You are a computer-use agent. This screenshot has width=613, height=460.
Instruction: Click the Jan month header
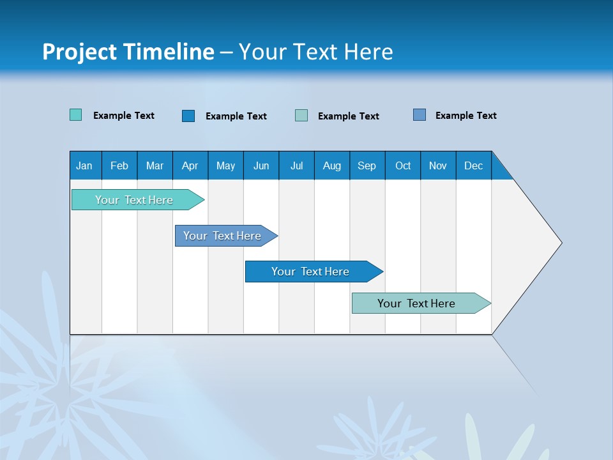tap(84, 165)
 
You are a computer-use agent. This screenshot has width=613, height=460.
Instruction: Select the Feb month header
tap(119, 165)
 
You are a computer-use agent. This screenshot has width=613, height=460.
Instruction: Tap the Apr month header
tap(190, 165)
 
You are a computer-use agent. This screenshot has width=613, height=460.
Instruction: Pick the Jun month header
tap(261, 165)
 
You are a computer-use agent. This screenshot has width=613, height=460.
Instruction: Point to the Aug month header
tap(331, 165)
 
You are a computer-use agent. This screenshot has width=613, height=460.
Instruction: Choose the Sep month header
tap(367, 165)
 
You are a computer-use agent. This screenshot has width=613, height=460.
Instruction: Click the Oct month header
tap(403, 165)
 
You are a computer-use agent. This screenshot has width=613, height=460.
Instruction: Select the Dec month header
tap(473, 165)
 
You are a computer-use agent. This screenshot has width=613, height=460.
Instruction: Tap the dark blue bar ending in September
tap(311, 272)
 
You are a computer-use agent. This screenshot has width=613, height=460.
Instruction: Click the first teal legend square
tap(75, 115)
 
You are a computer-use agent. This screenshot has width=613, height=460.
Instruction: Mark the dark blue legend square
tap(188, 116)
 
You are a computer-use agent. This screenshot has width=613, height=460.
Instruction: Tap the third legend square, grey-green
tap(301, 116)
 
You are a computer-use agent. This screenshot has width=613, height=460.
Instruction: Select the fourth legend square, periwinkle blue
tap(419, 115)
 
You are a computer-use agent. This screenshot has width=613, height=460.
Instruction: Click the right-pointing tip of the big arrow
tap(559, 243)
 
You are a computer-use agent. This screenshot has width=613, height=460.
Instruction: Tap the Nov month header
tap(438, 165)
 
